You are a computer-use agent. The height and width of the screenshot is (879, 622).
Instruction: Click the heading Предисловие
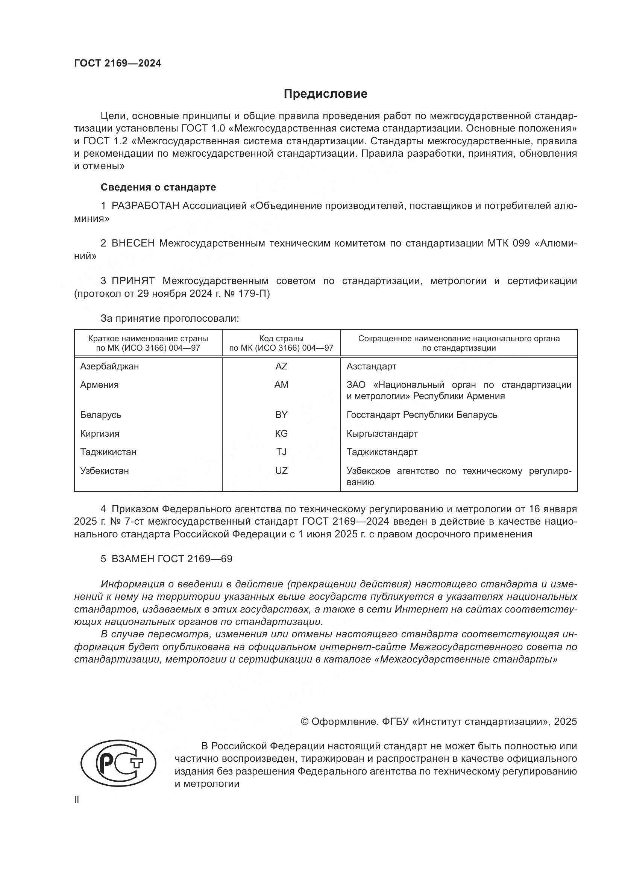coord(325,94)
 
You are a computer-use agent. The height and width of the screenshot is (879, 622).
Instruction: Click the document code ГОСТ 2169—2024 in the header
coord(118,64)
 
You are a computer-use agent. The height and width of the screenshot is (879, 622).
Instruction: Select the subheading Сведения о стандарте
coord(158,187)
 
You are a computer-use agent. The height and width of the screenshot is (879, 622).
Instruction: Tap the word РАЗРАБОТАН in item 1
coord(145,206)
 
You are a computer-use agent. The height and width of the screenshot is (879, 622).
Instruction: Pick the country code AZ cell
coord(281,366)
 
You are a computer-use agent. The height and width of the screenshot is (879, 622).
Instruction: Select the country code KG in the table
coord(281,434)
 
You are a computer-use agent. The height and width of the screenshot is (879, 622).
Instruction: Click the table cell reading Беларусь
coord(100,415)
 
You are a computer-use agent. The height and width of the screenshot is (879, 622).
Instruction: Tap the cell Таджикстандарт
coord(382,452)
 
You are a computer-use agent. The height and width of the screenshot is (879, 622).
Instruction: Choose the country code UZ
coord(281,471)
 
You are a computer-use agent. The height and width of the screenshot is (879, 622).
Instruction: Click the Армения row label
coord(99,385)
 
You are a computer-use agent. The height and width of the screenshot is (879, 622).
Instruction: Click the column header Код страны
coord(281,339)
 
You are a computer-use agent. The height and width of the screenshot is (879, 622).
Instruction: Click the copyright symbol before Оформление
coord(305,722)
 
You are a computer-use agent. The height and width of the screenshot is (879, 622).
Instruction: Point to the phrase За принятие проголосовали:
coord(170,319)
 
